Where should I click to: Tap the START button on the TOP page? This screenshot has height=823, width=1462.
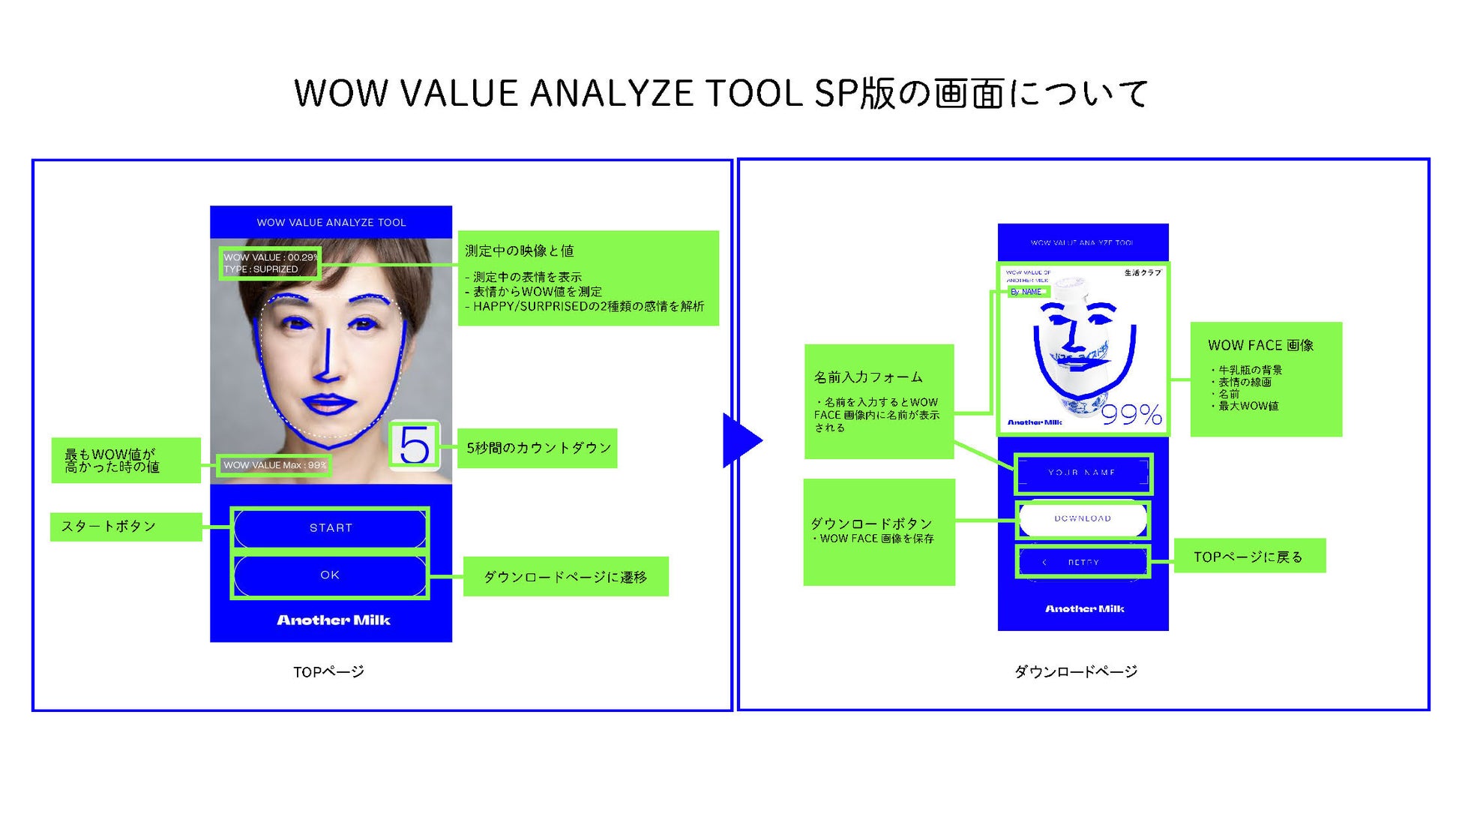331,528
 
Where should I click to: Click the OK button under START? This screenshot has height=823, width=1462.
330,575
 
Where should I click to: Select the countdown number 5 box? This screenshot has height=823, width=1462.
415,446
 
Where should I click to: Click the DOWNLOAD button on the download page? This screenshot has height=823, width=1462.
1083,519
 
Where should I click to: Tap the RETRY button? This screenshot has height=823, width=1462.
1083,562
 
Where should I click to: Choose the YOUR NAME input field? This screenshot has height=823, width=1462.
1082,473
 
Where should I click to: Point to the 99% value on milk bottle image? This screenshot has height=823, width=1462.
1131,415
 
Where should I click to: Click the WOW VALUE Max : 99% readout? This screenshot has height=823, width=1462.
274,465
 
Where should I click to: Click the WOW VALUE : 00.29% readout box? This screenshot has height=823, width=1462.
270,263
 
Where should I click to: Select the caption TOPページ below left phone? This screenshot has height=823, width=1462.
328,672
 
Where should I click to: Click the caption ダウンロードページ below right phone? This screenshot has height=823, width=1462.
1076,672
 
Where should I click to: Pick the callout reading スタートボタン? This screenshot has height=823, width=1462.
109,527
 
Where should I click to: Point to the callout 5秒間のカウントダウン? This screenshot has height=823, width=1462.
538,449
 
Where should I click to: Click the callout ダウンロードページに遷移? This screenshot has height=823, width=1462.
565,577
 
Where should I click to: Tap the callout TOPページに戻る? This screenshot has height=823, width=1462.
1248,557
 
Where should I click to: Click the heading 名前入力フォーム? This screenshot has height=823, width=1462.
868,377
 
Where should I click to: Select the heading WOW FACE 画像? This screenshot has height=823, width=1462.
1260,346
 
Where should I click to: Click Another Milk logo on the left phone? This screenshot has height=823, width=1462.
334,620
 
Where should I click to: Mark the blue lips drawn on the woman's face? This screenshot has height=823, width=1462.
328,404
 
